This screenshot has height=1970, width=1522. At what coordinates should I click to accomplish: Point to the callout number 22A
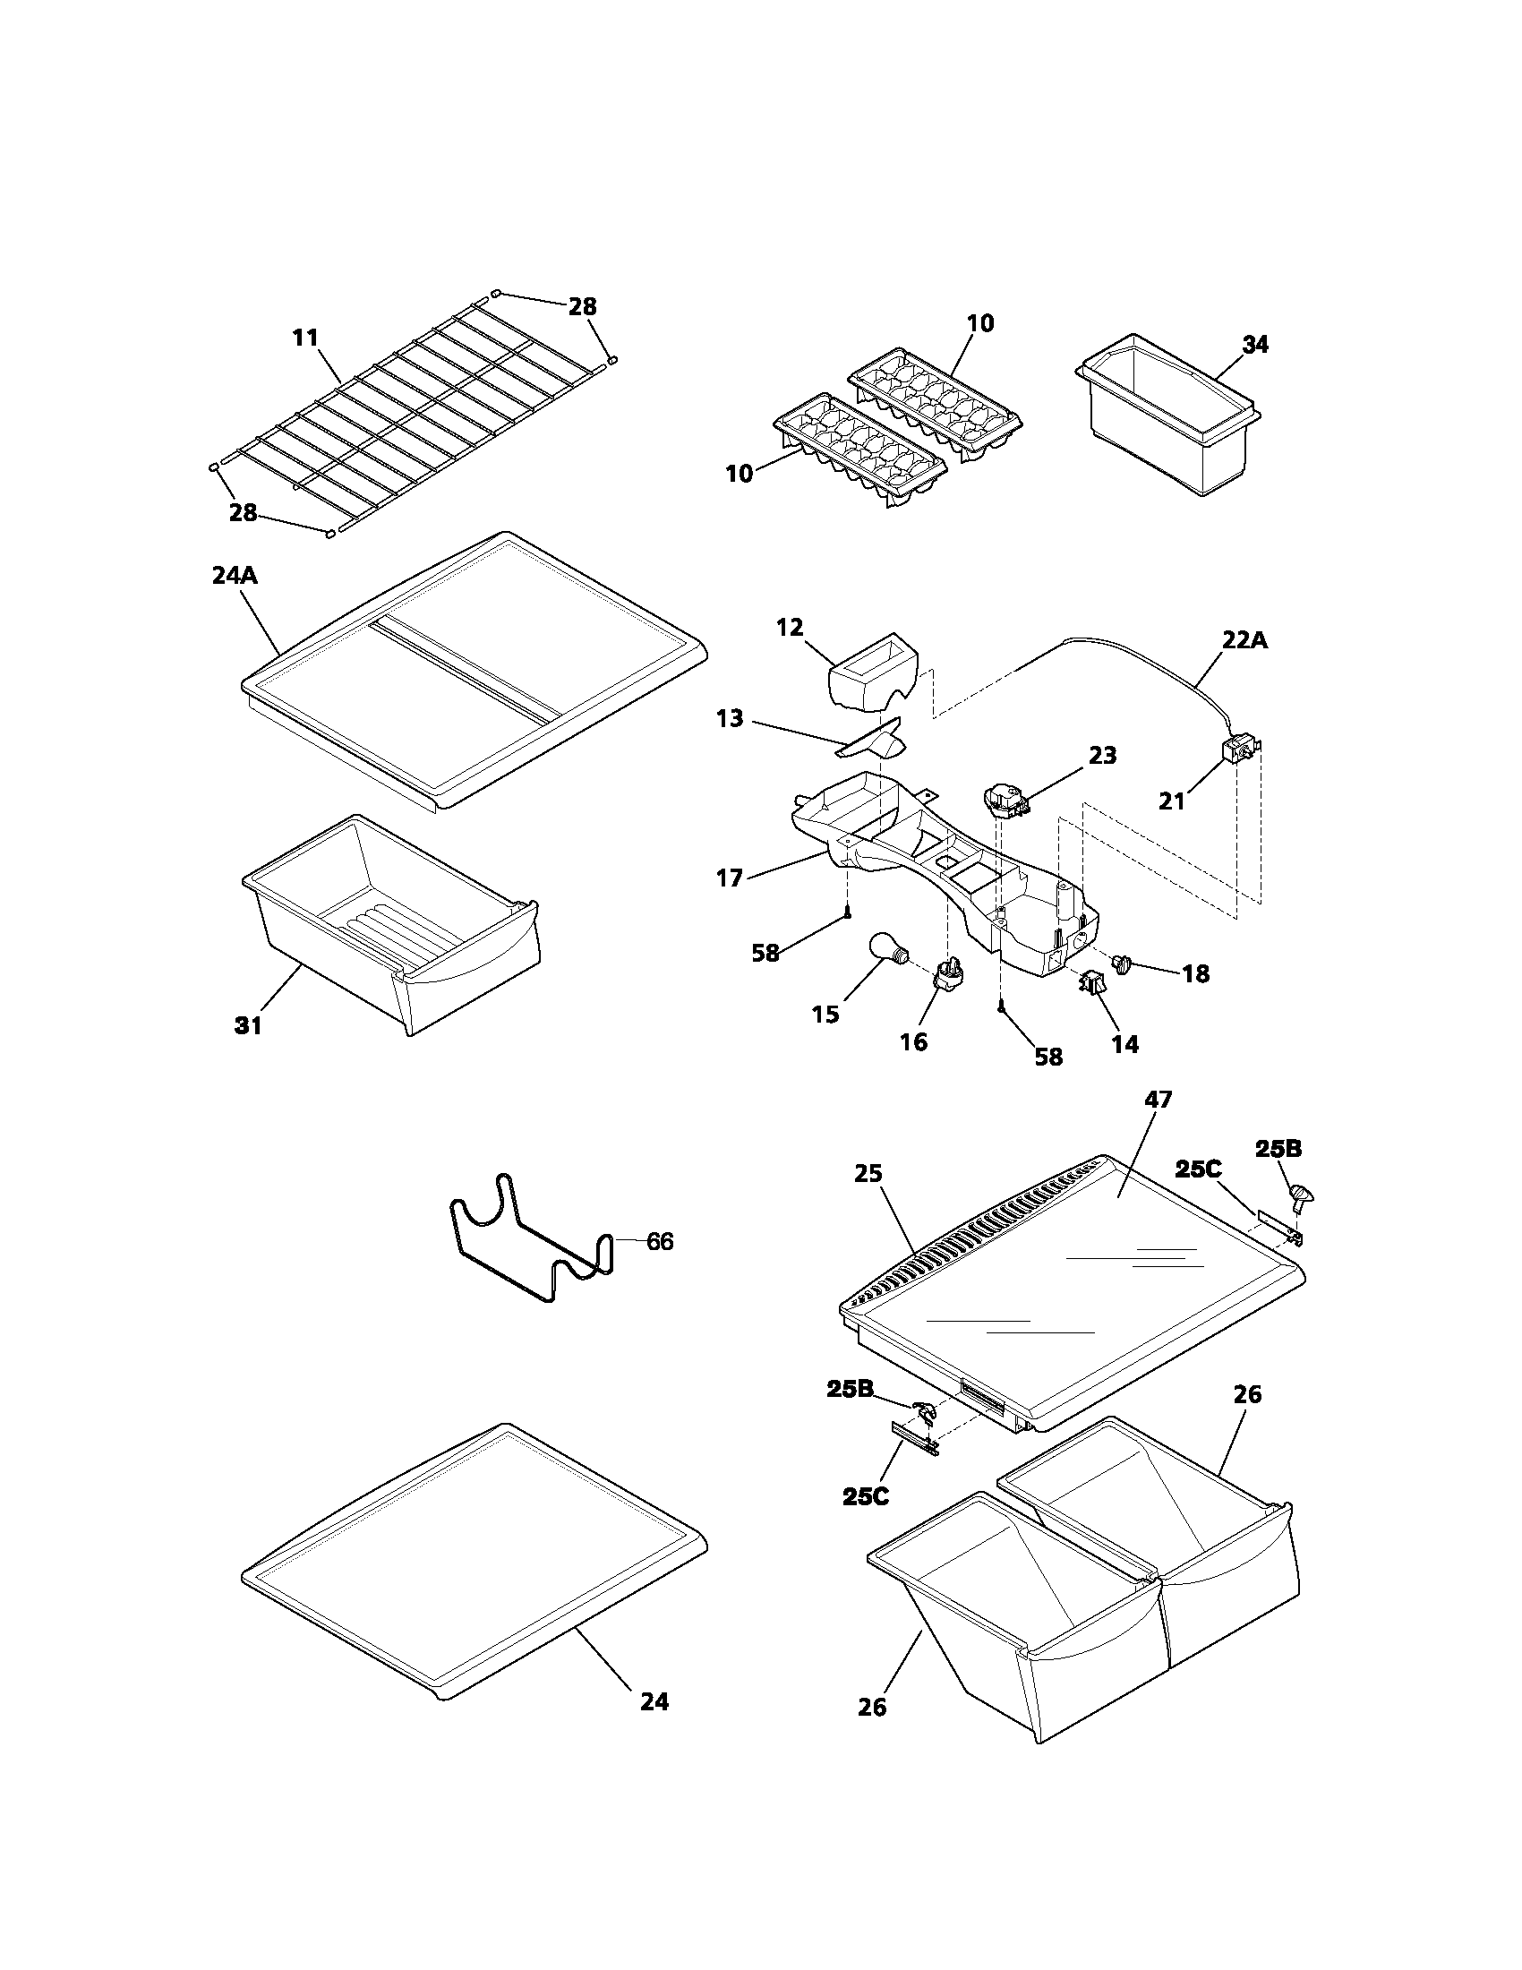tap(1244, 639)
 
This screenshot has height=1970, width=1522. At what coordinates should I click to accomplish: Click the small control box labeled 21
tap(1236, 751)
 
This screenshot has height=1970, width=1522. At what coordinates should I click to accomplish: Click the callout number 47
tap(1158, 1100)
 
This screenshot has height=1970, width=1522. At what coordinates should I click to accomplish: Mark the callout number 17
tap(729, 877)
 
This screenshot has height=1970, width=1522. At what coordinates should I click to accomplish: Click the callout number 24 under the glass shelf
tap(654, 1701)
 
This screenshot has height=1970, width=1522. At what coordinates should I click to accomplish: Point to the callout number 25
tap(868, 1174)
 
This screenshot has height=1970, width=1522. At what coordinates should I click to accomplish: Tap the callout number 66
tap(660, 1242)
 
